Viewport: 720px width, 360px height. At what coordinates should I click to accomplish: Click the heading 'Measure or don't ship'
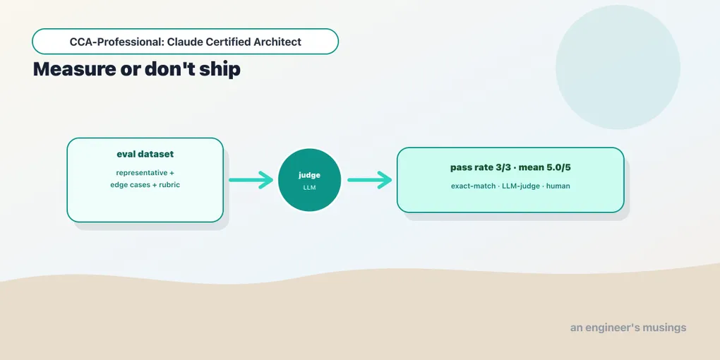[x=136, y=69]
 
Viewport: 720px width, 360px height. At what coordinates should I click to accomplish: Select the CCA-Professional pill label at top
[x=185, y=42]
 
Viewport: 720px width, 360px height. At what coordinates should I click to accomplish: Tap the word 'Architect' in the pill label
[x=277, y=42]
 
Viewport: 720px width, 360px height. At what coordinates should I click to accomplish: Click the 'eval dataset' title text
[x=145, y=155]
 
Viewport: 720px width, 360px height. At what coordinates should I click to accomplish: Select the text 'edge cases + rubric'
[x=145, y=185]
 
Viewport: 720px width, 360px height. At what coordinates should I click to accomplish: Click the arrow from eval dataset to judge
[x=251, y=180]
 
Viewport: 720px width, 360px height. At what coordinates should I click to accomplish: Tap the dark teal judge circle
[x=309, y=180]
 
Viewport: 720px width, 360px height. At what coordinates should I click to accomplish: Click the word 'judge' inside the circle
[x=309, y=175]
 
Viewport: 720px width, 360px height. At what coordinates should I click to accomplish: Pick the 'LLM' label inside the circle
[x=309, y=187]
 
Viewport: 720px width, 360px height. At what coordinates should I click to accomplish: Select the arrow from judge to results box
[x=369, y=180]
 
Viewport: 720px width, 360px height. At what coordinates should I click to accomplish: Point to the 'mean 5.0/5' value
[x=545, y=167]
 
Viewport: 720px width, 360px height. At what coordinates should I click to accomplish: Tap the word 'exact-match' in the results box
[x=472, y=186]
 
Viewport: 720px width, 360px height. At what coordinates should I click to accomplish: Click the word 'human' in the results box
[x=558, y=186]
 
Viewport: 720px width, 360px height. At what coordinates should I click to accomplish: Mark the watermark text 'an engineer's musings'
[x=628, y=328]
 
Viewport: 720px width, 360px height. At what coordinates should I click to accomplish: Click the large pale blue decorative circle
[x=618, y=67]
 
